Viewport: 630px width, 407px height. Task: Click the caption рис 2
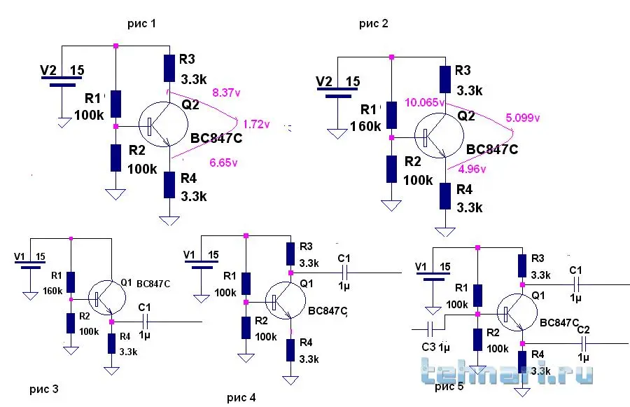tap(373, 25)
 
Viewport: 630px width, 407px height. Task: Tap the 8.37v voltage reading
tap(225, 91)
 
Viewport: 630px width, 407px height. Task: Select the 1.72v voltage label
tap(256, 124)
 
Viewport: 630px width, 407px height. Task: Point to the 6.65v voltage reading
tap(224, 163)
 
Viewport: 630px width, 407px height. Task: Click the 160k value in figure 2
tap(365, 126)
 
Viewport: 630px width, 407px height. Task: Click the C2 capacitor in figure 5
tap(584, 343)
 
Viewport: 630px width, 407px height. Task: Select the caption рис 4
tap(241, 398)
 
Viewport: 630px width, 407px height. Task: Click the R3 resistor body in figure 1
tap(168, 68)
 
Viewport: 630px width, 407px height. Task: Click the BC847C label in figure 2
tap(492, 149)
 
